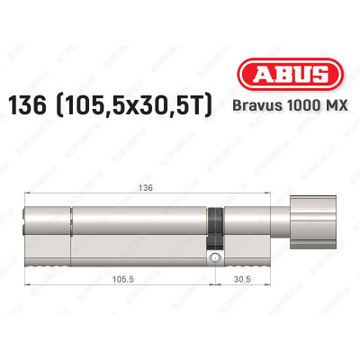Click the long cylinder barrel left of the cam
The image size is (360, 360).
tap(135, 229)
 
